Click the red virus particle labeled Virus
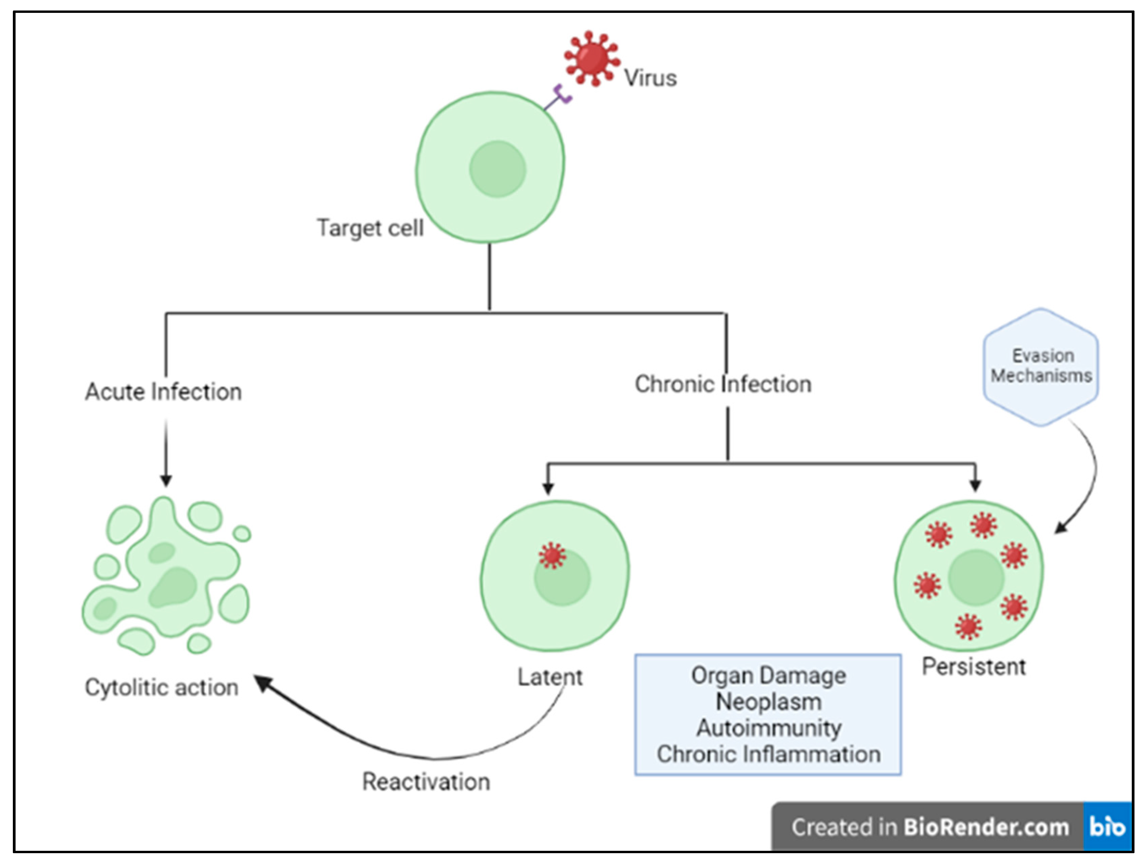tap(592, 58)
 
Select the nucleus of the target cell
tap(498, 169)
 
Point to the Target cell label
tap(370, 228)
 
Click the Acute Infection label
tap(164, 392)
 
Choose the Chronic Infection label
tap(723, 384)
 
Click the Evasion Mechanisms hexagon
tap(1041, 366)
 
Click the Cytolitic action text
tap(162, 688)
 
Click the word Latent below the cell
tap(550, 677)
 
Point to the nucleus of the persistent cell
tap(976, 578)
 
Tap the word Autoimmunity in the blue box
tap(768, 728)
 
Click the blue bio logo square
tap(1107, 827)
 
